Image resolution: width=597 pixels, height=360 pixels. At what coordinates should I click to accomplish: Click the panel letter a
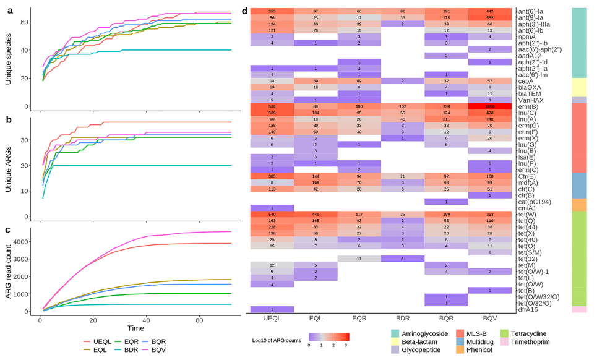[x=10, y=10]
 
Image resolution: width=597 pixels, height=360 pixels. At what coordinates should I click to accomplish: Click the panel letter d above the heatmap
[x=244, y=11]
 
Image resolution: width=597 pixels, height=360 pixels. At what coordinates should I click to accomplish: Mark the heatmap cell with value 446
[x=316, y=215]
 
